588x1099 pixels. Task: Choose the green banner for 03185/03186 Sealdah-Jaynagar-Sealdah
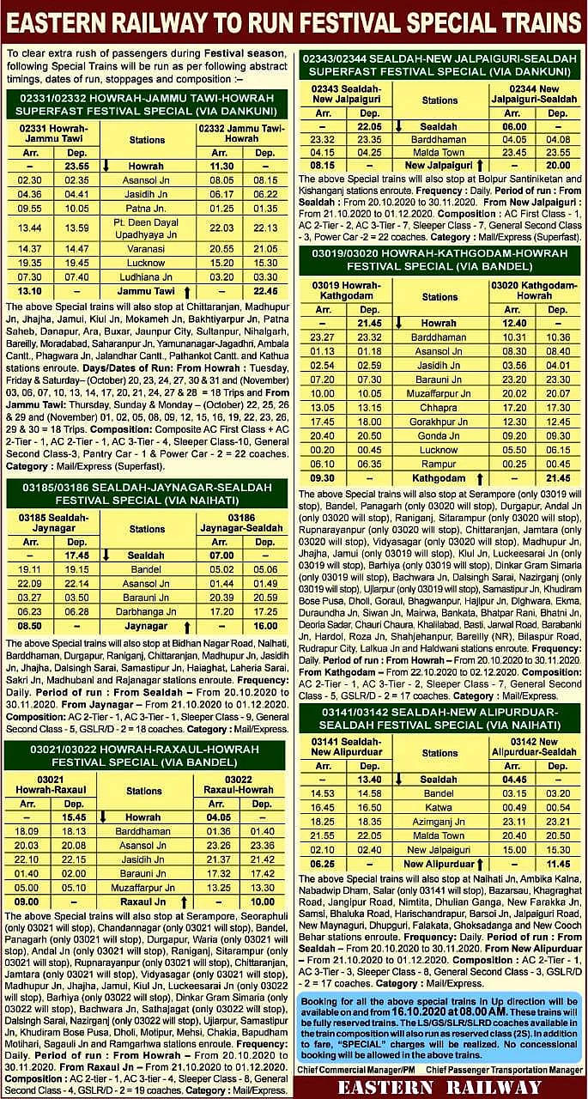click(x=147, y=493)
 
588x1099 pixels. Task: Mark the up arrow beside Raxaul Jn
click(x=186, y=902)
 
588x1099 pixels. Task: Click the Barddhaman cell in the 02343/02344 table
click(x=438, y=139)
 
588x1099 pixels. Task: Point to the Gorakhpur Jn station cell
click(x=438, y=422)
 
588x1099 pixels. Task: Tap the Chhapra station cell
click(x=438, y=408)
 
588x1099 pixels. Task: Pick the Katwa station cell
click(x=438, y=807)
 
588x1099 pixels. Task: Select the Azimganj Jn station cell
click(x=438, y=822)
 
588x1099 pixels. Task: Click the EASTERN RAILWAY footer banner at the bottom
click(x=439, y=1087)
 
